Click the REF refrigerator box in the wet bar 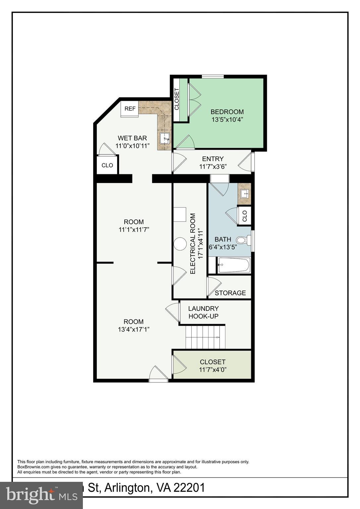130,109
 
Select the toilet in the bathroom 244,240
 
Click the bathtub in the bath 234,265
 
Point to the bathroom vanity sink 245,194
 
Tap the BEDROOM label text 227,112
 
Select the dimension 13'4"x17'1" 134,329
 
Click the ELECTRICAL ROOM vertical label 193,244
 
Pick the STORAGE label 230,293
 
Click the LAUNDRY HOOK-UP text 203,312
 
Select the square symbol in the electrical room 180,214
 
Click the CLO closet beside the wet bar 107,165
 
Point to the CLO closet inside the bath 245,216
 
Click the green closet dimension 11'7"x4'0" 212,370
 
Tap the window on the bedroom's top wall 213,77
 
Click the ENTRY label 213,159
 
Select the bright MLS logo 41,495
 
